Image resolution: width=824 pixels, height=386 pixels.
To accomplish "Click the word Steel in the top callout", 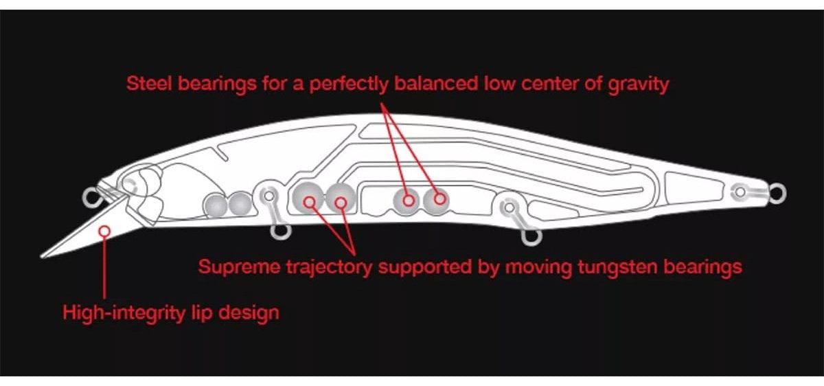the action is (x=149, y=84).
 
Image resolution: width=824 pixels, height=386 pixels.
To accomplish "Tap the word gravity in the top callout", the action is (x=638, y=85).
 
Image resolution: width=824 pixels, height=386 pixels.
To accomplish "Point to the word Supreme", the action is (x=239, y=267).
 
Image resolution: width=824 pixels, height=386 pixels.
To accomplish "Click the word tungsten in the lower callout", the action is (x=617, y=267).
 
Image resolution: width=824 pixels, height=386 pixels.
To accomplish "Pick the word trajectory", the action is (x=329, y=267).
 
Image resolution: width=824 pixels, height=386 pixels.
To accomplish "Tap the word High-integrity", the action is (x=124, y=313).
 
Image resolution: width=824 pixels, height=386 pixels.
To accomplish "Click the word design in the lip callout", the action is (x=249, y=313).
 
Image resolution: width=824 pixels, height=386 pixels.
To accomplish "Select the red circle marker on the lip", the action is (x=105, y=231).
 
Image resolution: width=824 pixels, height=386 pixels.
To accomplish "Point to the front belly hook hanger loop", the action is (x=281, y=232).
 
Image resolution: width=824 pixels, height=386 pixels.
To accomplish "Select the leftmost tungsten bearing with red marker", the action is (x=308, y=198).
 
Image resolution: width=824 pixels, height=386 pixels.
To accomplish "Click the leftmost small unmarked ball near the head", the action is (x=216, y=205).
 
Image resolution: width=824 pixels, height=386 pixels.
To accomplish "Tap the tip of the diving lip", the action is (x=42, y=256).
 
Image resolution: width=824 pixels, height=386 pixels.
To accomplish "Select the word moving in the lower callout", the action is (x=538, y=267).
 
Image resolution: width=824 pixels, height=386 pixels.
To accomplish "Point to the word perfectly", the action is (x=349, y=84).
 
